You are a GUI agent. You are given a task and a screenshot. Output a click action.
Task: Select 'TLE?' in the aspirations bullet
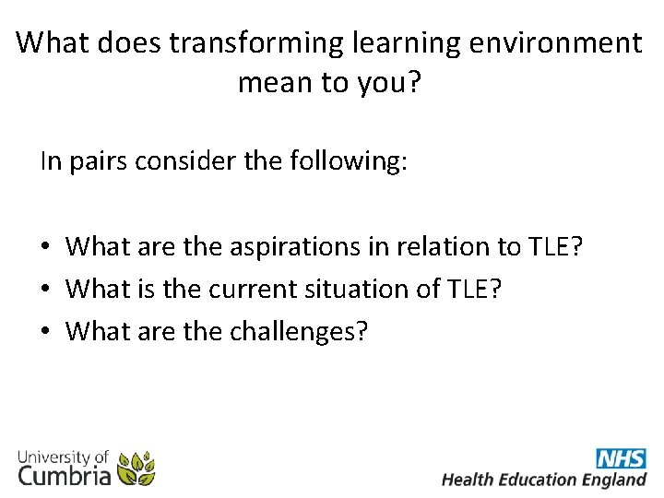point(557,246)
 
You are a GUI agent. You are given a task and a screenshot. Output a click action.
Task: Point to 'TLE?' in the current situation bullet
point(473,289)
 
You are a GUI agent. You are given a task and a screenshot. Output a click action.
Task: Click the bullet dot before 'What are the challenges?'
point(45,331)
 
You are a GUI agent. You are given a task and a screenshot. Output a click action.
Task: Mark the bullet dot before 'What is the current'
point(45,290)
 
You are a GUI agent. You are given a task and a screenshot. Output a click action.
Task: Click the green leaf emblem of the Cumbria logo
point(136,468)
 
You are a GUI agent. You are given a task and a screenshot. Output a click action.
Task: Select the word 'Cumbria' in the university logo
point(65,475)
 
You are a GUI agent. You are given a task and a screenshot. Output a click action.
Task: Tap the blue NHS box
point(621,458)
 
